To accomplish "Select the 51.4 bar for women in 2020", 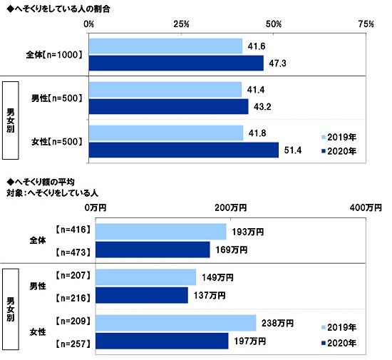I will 184,150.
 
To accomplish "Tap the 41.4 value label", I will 254,90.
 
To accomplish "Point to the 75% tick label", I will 366,24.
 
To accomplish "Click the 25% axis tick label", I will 181,24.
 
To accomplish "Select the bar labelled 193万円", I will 160,232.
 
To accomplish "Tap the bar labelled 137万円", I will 142,294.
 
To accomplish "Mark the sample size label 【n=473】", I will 72,250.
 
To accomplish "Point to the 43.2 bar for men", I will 169,106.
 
